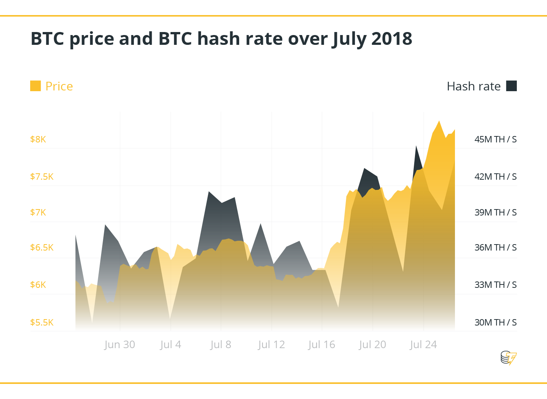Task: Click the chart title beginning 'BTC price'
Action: [x=221, y=39]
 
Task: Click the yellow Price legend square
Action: [x=35, y=86]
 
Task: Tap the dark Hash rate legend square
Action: [x=511, y=86]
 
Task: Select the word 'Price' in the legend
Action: [x=59, y=86]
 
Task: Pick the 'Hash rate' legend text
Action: [x=473, y=86]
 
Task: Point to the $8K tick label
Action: [x=38, y=139]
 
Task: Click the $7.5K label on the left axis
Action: [x=42, y=177]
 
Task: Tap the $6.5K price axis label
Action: [x=42, y=248]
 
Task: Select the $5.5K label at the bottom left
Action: [x=42, y=323]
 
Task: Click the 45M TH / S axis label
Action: [x=495, y=139]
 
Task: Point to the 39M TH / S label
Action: [x=495, y=212]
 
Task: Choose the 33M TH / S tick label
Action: [x=495, y=285]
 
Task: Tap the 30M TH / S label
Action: [x=495, y=323]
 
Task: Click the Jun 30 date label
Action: [x=120, y=345]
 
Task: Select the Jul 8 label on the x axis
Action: [x=221, y=345]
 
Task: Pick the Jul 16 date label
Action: [x=321, y=345]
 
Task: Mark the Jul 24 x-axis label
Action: [x=423, y=345]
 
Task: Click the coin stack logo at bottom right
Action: [x=508, y=358]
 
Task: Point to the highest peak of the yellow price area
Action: [x=439, y=121]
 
